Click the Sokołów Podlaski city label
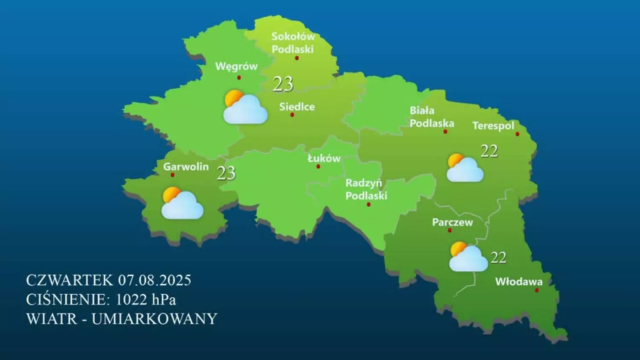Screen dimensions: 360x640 293,43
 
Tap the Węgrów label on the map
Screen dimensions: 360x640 236,67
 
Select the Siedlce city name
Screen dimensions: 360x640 297,107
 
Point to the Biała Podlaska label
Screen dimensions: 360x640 431,117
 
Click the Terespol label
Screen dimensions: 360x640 493,126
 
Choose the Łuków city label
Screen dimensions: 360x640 324,159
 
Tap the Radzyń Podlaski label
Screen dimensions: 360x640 366,189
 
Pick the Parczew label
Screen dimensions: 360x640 452,222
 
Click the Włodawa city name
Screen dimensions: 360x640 519,282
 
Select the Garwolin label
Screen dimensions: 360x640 186,167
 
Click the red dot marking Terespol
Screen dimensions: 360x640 518,134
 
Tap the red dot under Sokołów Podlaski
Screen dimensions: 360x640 297,58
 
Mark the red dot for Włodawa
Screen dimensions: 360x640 537,290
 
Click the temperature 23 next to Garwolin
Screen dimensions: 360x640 226,173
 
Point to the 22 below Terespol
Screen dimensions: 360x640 489,151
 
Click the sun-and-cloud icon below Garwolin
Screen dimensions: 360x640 182,203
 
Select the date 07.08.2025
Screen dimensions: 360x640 154,280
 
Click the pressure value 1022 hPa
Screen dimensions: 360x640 145,299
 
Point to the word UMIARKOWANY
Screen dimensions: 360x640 154,319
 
